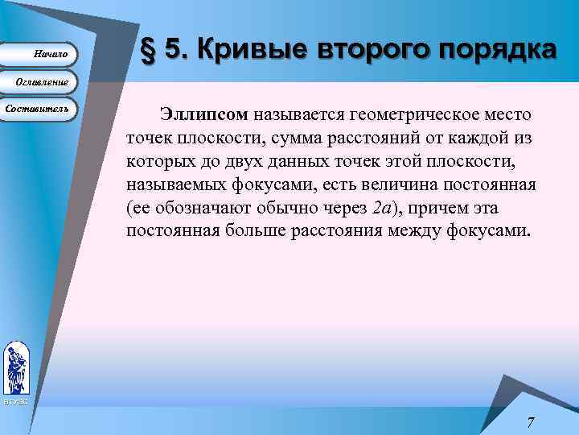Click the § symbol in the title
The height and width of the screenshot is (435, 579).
pyautogui.click(x=147, y=50)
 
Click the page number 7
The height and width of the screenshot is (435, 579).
pyautogui.click(x=531, y=421)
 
